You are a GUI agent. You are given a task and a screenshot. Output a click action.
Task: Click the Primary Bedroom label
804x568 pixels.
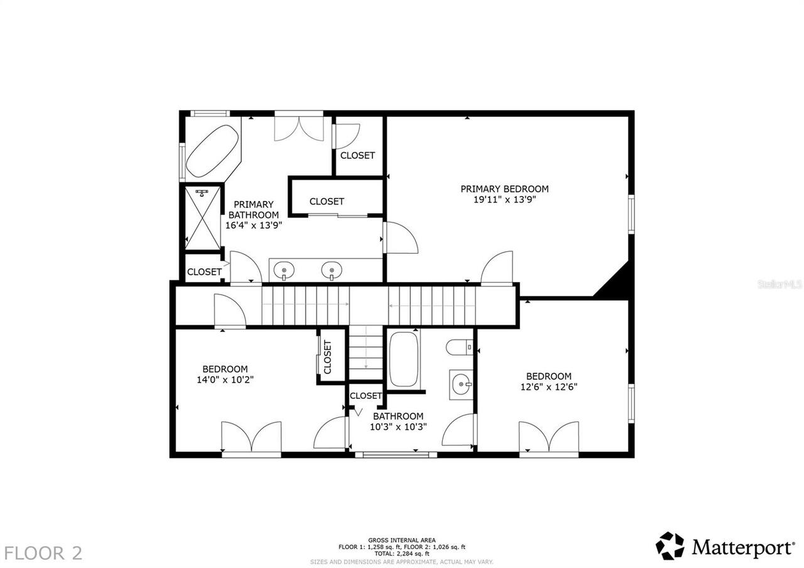504,188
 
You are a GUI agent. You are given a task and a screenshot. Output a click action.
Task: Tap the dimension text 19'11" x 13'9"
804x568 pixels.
504,200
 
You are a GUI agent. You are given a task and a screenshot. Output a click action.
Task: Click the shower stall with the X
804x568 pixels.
202,217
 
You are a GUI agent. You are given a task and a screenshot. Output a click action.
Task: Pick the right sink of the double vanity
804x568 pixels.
331,271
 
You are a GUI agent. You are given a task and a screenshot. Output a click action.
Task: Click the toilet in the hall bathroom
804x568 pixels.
459,346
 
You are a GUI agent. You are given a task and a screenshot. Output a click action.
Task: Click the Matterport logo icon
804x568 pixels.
671,546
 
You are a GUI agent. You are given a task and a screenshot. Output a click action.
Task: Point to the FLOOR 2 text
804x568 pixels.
43,553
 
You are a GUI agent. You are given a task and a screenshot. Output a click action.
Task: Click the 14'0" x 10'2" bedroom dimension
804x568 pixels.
225,380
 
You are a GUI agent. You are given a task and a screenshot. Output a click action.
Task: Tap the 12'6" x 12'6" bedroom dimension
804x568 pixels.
548,387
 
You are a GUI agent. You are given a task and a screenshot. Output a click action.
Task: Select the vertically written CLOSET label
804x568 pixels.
327,356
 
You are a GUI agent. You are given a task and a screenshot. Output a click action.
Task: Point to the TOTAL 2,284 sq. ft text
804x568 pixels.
401,554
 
